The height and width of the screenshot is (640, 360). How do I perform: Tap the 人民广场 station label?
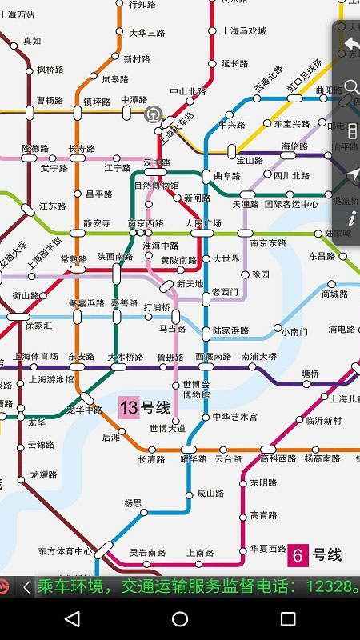(x=203, y=222)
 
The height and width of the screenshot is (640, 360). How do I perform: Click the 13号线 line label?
(x=145, y=408)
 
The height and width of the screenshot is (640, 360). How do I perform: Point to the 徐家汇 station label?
(x=38, y=326)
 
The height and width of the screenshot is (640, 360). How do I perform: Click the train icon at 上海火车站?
(x=152, y=114)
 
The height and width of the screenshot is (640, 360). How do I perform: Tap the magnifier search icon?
(x=350, y=86)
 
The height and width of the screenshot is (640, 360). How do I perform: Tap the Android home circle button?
(x=180, y=619)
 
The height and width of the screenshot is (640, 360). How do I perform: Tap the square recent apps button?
(x=288, y=619)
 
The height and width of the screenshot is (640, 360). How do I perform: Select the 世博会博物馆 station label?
(x=196, y=390)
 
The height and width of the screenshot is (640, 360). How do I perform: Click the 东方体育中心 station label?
(x=65, y=551)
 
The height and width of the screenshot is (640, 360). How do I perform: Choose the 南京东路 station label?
(x=268, y=243)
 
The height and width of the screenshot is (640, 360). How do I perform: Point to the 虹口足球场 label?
(x=305, y=77)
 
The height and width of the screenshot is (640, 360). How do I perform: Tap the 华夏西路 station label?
(x=268, y=549)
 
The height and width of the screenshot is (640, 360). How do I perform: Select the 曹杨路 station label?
(x=50, y=101)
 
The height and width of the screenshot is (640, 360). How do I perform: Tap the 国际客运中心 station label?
(x=291, y=204)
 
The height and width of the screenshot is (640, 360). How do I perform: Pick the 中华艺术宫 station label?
(x=235, y=417)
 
